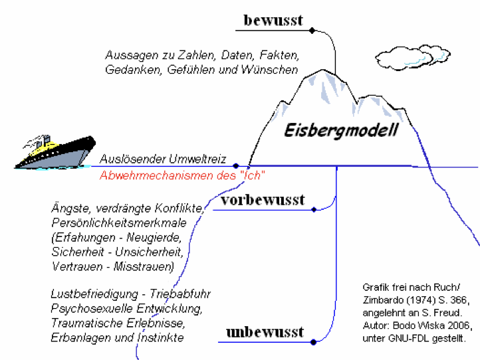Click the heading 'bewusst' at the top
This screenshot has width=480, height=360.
tap(273, 20)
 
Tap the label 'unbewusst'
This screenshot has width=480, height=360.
tap(264, 331)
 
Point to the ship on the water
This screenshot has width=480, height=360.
tap(54, 151)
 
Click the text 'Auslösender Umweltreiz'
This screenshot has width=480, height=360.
tap(163, 160)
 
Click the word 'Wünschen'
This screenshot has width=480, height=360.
tap(272, 69)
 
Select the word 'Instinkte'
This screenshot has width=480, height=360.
tap(162, 338)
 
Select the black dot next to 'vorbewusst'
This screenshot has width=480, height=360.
tap(313, 210)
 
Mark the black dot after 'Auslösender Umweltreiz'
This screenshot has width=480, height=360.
tap(236, 166)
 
